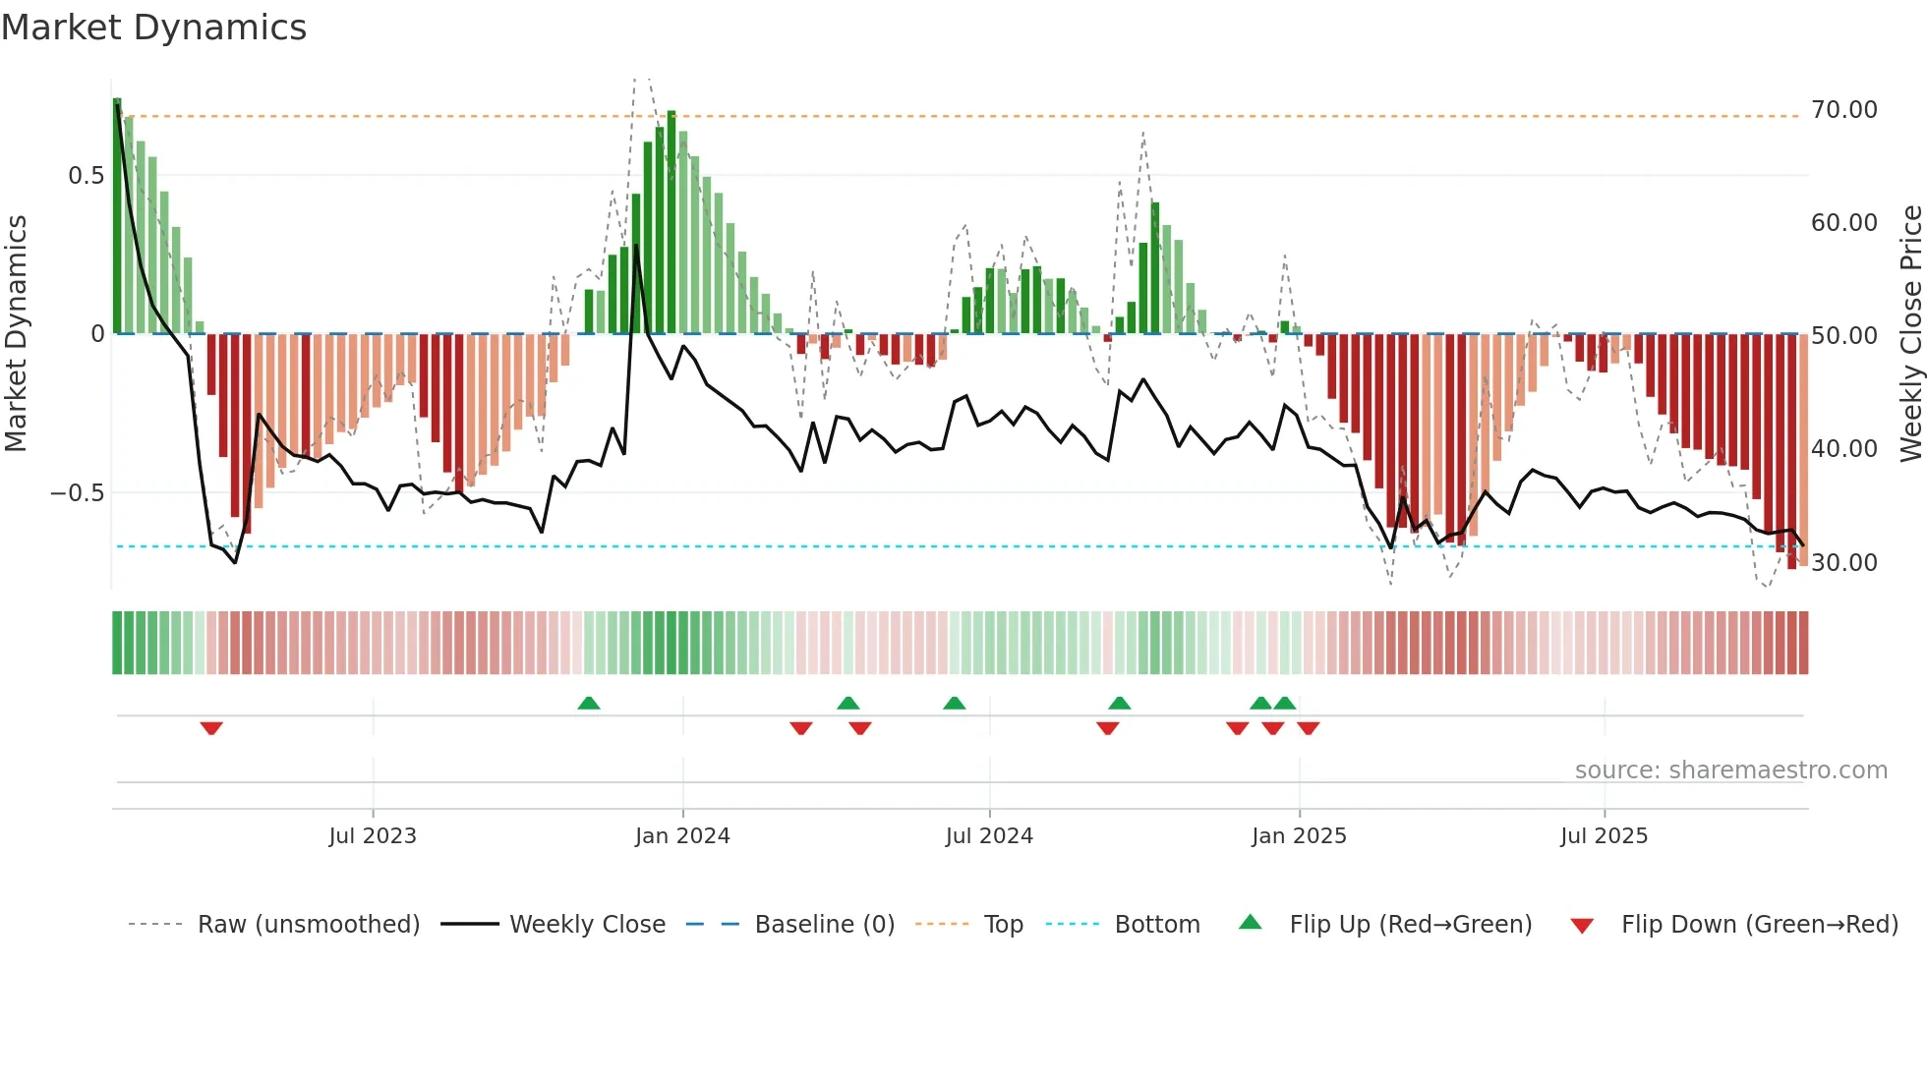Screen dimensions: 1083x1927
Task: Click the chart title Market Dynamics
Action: click(153, 28)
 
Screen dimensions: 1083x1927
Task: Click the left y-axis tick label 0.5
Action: click(86, 176)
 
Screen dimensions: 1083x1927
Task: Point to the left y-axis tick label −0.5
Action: click(77, 493)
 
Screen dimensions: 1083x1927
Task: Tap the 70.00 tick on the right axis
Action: click(1843, 110)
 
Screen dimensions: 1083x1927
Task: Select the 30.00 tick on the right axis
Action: click(1843, 563)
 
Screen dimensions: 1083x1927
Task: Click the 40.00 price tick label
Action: click(1843, 449)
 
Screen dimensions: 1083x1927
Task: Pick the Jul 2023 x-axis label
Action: click(373, 836)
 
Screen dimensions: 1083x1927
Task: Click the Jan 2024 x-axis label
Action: click(682, 836)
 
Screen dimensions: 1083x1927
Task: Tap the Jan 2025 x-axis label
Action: click(1299, 836)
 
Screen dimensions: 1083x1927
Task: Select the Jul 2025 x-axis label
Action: click(1604, 836)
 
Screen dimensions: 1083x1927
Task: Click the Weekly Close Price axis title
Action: click(1910, 334)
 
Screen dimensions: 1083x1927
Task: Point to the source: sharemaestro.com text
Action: click(1730, 770)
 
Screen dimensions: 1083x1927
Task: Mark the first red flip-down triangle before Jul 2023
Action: click(211, 728)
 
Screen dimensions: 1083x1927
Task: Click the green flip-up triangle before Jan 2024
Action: click(588, 703)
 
